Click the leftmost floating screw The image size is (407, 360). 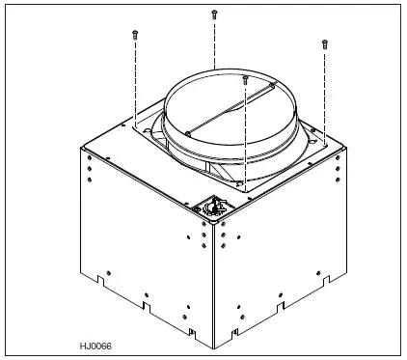[135, 34]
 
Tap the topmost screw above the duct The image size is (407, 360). [213, 14]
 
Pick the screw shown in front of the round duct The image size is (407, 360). [246, 77]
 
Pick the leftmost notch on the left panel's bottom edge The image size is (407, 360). [100, 281]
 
